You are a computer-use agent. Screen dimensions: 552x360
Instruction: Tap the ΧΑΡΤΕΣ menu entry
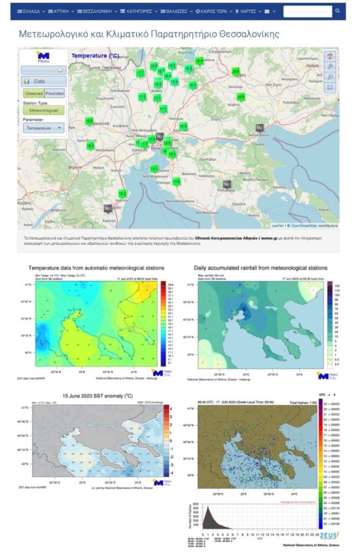pyautogui.click(x=248, y=11)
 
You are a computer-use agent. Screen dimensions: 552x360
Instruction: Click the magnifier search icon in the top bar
pyautogui.click(x=337, y=11)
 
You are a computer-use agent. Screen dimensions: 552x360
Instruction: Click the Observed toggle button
pyautogui.click(x=34, y=93)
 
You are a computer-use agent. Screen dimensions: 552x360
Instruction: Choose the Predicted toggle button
pyautogui.click(x=54, y=93)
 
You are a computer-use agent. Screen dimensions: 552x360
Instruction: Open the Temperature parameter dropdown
pyautogui.click(x=43, y=128)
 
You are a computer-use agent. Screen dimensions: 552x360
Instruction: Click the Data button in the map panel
pyautogui.click(x=43, y=81)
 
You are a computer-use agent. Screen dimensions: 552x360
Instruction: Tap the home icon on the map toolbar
pyautogui.click(x=330, y=56)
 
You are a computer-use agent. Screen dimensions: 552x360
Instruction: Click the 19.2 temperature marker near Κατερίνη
pyautogui.click(x=122, y=193)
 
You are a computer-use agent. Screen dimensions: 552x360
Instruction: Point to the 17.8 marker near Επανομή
pyautogui.click(x=176, y=181)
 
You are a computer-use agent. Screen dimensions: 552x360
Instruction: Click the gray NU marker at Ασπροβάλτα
pyautogui.click(x=259, y=128)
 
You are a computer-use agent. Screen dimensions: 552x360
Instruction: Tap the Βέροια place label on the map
pyautogui.click(x=74, y=167)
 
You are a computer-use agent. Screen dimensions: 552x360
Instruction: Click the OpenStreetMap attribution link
pyautogui.click(x=305, y=225)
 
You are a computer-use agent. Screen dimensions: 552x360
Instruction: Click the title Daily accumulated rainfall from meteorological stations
pyautogui.click(x=261, y=268)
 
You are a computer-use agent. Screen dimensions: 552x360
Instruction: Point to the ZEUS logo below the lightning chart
pyautogui.click(x=330, y=535)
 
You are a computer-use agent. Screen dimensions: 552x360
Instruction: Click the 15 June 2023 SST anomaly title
pyautogui.click(x=97, y=396)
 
